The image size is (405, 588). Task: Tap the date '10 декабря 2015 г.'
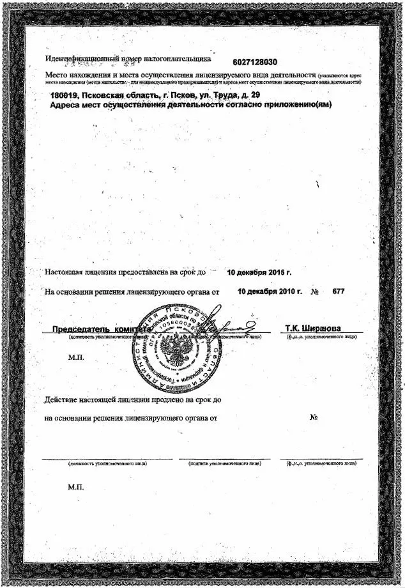(x=259, y=272)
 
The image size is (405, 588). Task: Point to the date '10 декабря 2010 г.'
(x=269, y=291)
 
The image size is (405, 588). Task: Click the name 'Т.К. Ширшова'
(x=313, y=329)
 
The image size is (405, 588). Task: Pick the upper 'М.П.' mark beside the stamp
(x=75, y=358)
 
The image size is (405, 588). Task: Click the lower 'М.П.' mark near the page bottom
(x=75, y=486)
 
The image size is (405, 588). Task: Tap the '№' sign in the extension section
(x=314, y=418)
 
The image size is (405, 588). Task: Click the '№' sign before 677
(x=314, y=291)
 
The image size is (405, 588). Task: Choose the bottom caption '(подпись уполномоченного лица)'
(x=224, y=463)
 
